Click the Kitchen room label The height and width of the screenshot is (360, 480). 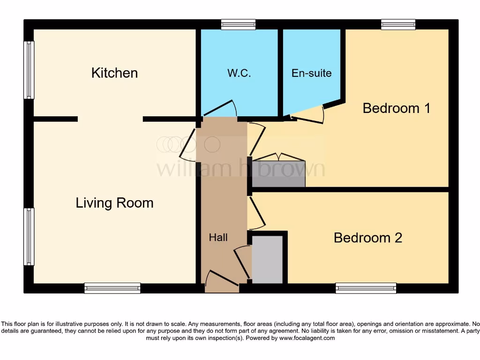tap(114, 73)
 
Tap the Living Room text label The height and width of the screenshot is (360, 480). tap(114, 203)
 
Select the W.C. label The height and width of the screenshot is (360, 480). tap(239, 73)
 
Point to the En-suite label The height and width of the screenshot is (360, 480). tap(311, 73)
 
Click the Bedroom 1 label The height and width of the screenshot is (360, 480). tap(397, 108)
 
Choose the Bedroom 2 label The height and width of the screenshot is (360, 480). tap(367, 238)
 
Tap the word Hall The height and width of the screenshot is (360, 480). tap(218, 238)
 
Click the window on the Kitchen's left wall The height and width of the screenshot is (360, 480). tap(29, 70)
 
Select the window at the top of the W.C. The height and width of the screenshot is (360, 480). tap(238, 24)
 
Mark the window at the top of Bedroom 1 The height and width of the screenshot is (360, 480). tap(398, 24)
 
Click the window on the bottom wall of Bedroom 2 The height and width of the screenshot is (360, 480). tap(366, 288)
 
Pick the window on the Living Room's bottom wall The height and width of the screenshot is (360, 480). tap(112, 288)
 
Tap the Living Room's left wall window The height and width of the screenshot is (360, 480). tap(29, 237)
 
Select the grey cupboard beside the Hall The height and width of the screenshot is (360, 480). tap(267, 259)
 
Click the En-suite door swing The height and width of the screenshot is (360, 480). tap(307, 114)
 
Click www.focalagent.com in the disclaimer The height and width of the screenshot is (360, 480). tap(307, 337)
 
